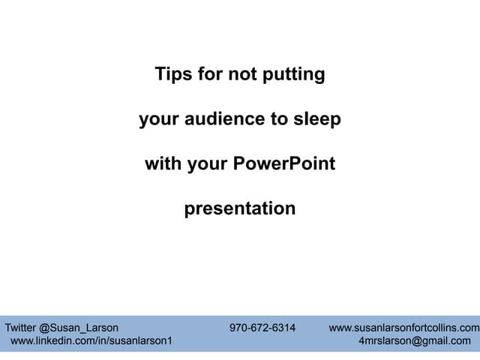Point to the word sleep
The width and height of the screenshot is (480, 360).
pos(317,119)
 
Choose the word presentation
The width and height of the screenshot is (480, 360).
pos(240,208)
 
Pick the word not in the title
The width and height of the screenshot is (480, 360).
pos(241,74)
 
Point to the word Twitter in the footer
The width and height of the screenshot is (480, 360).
pos(20,327)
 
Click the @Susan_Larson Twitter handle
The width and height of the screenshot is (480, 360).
pos(79,327)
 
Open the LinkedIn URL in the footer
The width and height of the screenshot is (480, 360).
pos(91,340)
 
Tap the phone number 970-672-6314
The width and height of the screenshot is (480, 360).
pos(262,327)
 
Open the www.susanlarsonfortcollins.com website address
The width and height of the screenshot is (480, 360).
pos(404,327)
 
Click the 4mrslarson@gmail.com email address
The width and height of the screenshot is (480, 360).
pos(415,340)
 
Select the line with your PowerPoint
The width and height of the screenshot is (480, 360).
pos(240,163)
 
